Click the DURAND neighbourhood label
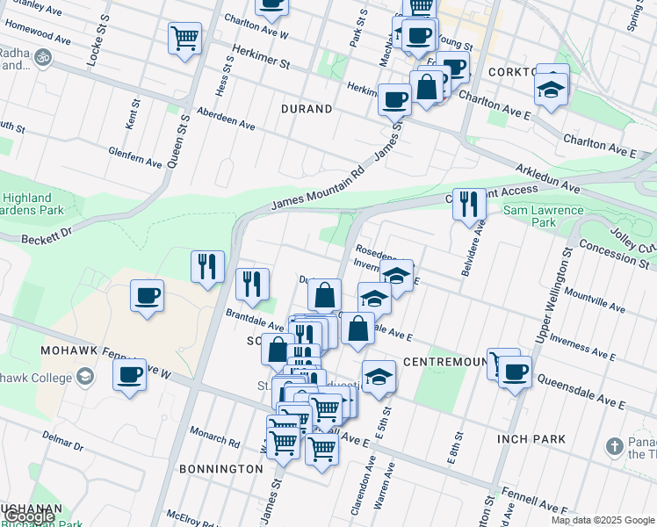pyautogui.click(x=307, y=110)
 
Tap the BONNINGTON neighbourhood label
pyautogui.click(x=220, y=469)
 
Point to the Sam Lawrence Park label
pyautogui.click(x=543, y=216)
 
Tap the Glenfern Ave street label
pyautogui.click(x=135, y=156)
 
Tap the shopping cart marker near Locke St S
pyautogui.click(x=184, y=38)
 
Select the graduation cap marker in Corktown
pyautogui.click(x=552, y=88)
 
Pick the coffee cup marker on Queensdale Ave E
pyautogui.click(x=515, y=372)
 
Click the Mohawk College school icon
pyautogui.click(x=85, y=377)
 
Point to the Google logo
pyautogui.click(x=28, y=517)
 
